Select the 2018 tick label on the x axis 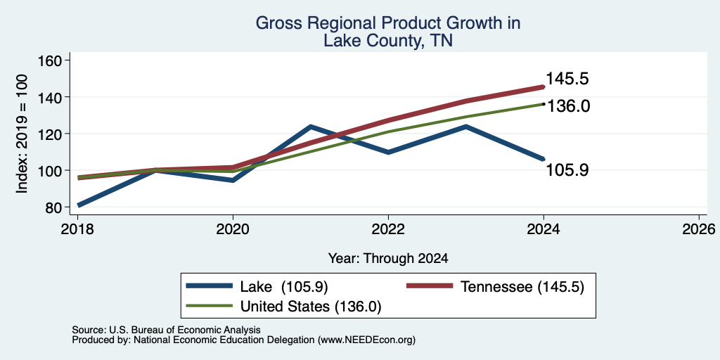tap(77, 229)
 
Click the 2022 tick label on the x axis tap(388, 229)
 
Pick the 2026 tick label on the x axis tap(699, 229)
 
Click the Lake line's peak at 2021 tap(311, 127)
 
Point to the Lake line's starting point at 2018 tap(79, 205)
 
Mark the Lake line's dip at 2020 tap(233, 181)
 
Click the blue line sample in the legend tap(209, 285)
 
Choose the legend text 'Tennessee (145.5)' tap(522, 287)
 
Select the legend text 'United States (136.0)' tap(311, 307)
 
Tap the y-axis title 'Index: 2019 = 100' tap(22, 134)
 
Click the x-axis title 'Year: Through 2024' tap(388, 259)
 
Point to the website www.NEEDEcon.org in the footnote tap(366, 340)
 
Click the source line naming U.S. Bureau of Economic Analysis tap(166, 330)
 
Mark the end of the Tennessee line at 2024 tap(544, 86)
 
